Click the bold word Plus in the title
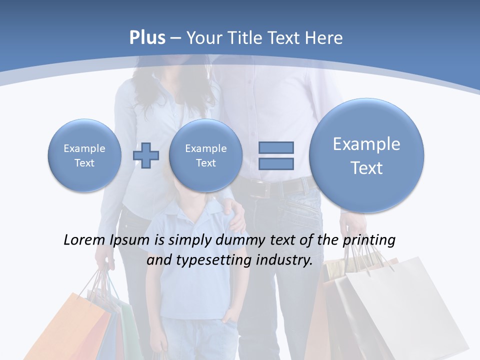click(147, 38)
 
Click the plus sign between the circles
click(145, 155)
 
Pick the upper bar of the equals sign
click(276, 147)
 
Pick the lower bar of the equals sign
click(276, 163)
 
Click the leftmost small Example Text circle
click(84, 155)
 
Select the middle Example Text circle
click(205, 155)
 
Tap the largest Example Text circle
click(366, 155)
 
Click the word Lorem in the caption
click(84, 240)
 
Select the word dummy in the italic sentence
click(234, 240)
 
